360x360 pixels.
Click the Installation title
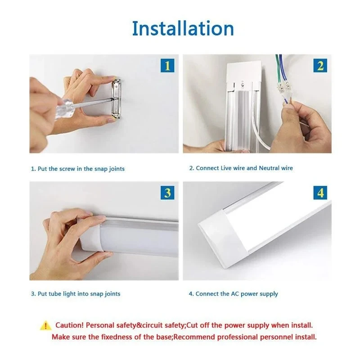coord(183,28)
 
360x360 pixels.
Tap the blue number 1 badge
coord(167,66)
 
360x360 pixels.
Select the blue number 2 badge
coord(320,66)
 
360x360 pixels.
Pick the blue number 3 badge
coord(167,193)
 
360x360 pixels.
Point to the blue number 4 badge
coord(320,193)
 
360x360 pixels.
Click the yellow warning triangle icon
coord(45,325)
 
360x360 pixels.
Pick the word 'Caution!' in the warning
coord(69,325)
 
